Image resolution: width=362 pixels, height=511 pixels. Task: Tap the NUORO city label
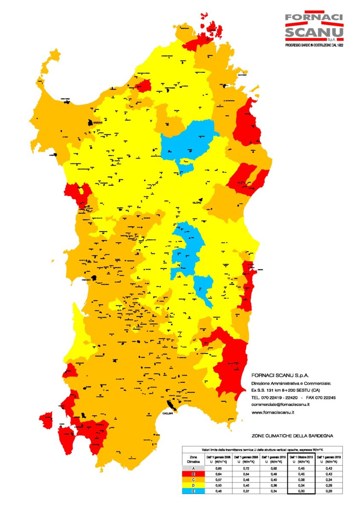pos(197,203)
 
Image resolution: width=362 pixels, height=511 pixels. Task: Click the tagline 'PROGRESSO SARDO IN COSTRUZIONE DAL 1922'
pos(314,45)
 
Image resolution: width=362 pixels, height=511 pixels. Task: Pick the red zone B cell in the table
pos(193,473)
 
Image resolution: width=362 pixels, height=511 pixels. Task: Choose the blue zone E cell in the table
pos(193,491)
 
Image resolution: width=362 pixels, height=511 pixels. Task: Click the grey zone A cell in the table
pos(193,468)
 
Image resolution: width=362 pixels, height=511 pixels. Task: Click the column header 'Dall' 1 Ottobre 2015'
pos(301,459)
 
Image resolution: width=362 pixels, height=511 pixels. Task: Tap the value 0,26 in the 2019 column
pos(328,491)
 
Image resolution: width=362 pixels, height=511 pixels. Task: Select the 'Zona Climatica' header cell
pos(193,459)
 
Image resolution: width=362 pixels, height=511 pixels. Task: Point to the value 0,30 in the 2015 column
pos(301,491)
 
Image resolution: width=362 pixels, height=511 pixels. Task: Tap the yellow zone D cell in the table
pos(193,485)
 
